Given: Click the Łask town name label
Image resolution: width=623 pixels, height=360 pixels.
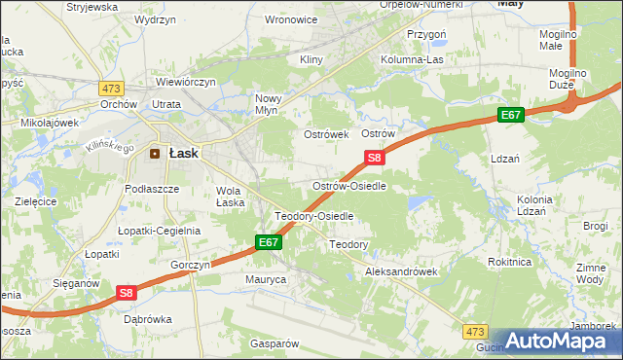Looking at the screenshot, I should pyautogui.click(x=185, y=153).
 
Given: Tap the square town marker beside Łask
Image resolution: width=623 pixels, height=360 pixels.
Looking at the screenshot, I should pyautogui.click(x=155, y=153).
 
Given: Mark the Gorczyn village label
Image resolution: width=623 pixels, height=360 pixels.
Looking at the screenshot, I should pyautogui.click(x=190, y=265).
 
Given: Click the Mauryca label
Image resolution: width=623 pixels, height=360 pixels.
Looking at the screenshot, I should pyautogui.click(x=265, y=279).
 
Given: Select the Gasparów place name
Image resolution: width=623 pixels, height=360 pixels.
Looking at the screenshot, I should pyautogui.click(x=274, y=343).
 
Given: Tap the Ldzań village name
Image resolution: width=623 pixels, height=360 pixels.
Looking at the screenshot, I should pyautogui.click(x=505, y=158).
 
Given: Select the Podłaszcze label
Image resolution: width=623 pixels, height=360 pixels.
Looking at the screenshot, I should pyautogui.click(x=150, y=189).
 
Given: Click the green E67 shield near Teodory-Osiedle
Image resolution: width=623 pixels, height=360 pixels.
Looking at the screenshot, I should pyautogui.click(x=270, y=241).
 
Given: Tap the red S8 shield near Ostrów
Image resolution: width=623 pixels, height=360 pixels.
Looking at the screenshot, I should pyautogui.click(x=376, y=157).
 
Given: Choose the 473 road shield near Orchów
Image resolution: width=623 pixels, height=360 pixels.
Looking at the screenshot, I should pyautogui.click(x=109, y=87).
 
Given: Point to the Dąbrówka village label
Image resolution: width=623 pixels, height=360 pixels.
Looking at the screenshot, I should pyautogui.click(x=148, y=318).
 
